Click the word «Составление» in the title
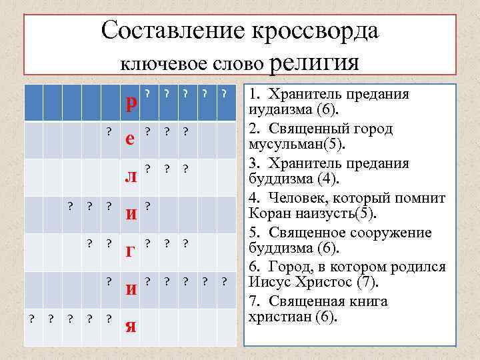point(171,31)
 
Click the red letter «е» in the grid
point(132,139)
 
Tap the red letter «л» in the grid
point(132,176)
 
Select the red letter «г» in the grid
point(131,251)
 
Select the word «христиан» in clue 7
point(277,319)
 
